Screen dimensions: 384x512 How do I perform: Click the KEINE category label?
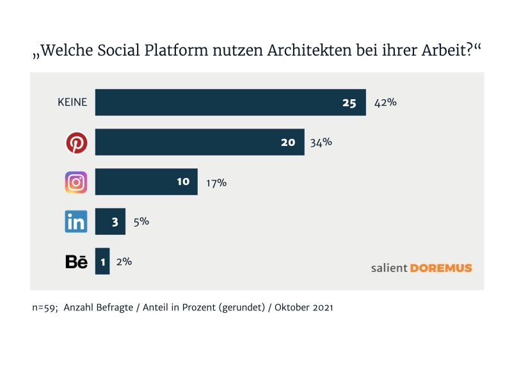(72, 102)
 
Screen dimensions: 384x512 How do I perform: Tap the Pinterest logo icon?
(77, 143)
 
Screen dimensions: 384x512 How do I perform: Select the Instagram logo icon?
(76, 182)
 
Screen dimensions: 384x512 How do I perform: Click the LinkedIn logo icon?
(76, 222)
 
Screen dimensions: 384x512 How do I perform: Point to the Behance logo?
(76, 262)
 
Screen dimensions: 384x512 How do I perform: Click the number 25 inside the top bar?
(349, 102)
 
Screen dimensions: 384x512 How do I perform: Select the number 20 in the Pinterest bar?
(288, 142)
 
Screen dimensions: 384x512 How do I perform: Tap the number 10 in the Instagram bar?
(183, 182)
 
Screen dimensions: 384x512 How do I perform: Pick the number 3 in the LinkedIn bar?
(115, 221)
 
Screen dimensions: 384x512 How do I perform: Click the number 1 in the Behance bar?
(102, 261)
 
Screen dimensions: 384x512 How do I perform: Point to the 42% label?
(385, 102)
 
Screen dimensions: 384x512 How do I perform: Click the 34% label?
(321, 142)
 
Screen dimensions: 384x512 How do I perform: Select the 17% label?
(216, 182)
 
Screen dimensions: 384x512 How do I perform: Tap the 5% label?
(140, 221)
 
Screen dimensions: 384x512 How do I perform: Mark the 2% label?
(124, 261)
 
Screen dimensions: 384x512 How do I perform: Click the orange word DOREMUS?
(441, 268)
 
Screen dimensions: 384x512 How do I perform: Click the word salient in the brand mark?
(388, 268)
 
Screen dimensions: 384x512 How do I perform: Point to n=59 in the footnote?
(46, 308)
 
